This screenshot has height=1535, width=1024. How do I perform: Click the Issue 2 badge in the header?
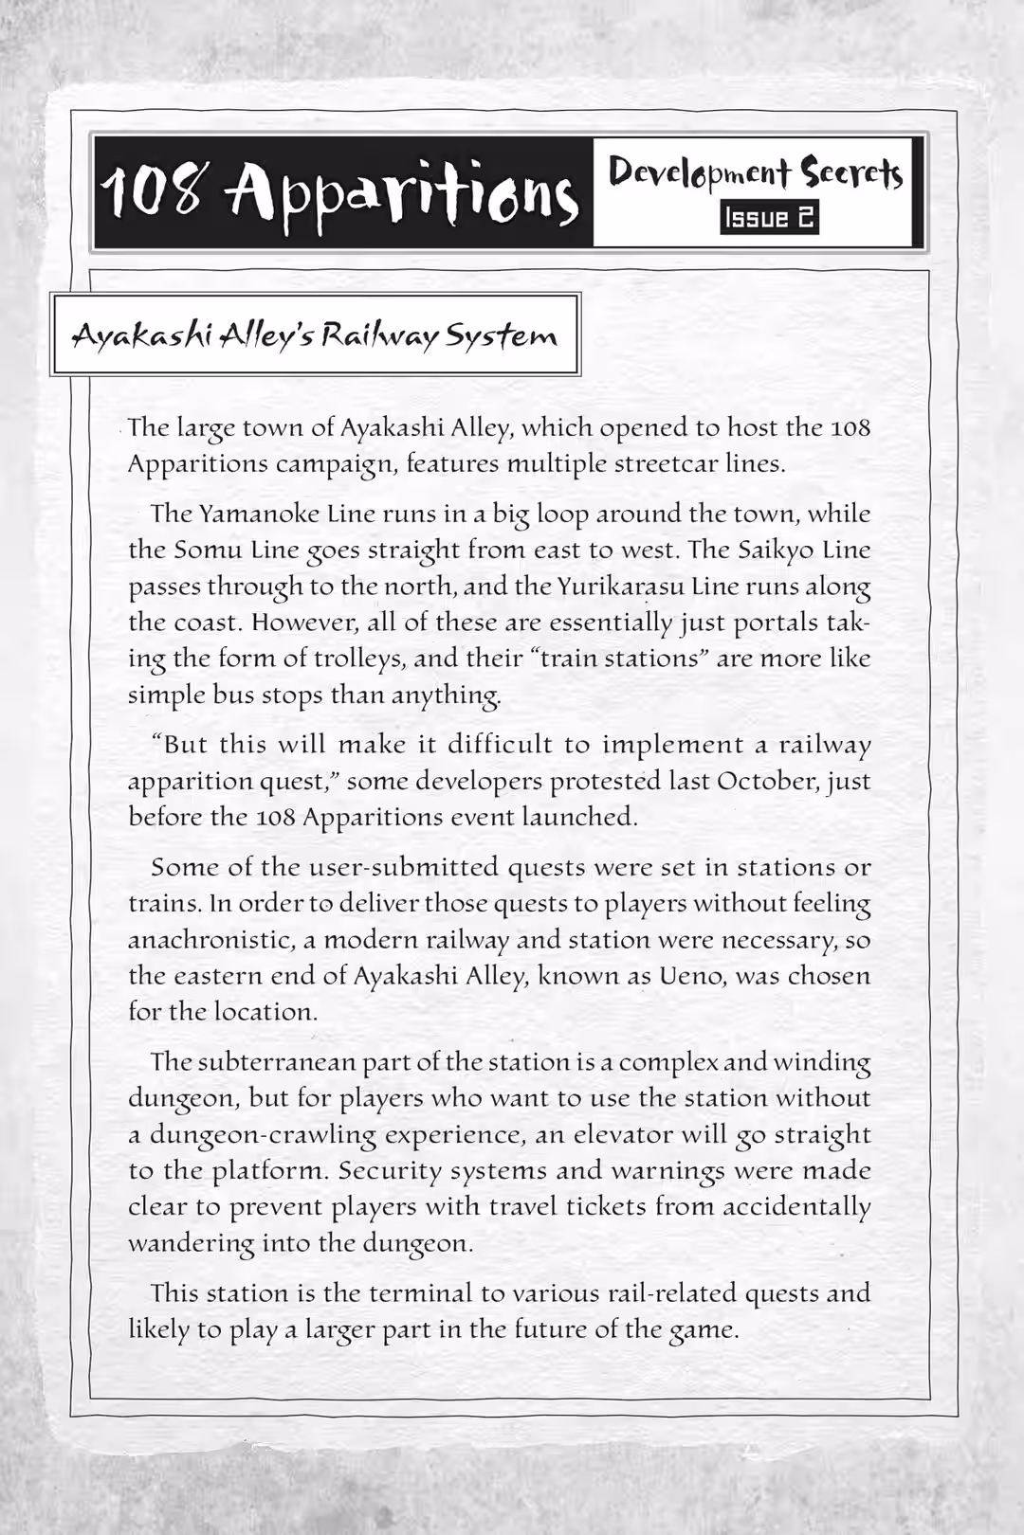click(769, 218)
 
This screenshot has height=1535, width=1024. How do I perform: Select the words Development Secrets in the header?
click(756, 172)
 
